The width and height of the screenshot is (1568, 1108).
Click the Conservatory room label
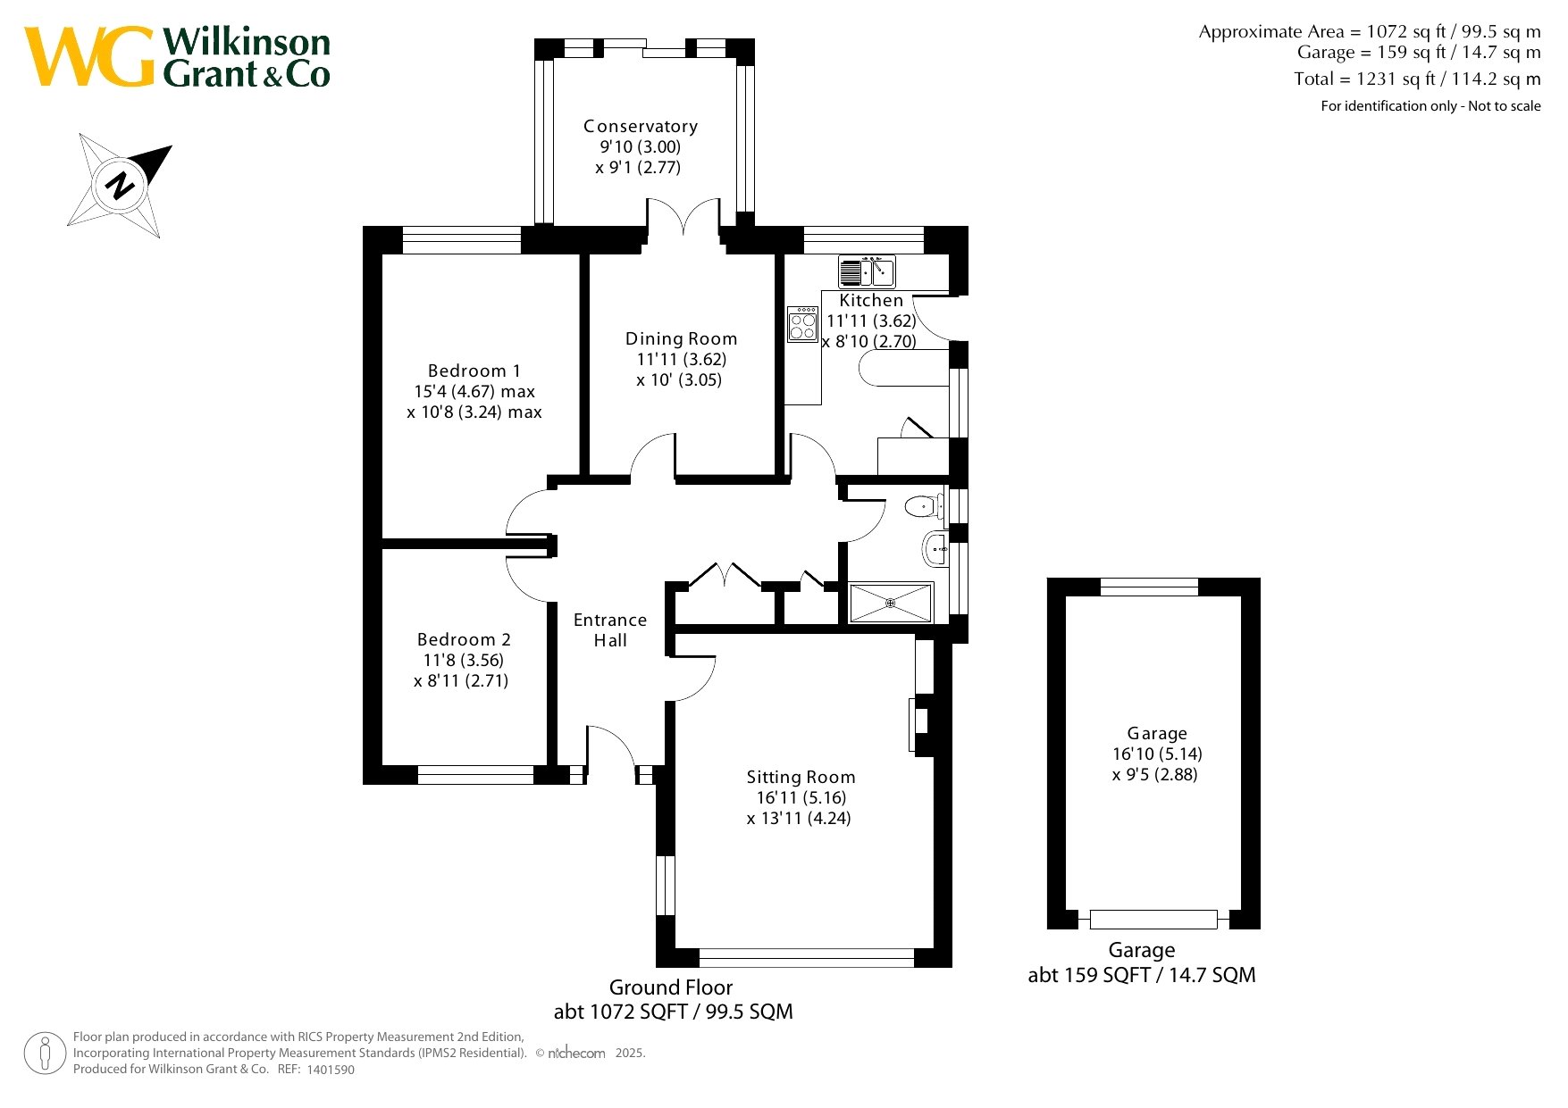pyautogui.click(x=641, y=127)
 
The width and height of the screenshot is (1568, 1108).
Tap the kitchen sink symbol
pyautogui.click(x=867, y=271)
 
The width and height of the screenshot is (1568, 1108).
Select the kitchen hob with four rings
pyautogui.click(x=803, y=324)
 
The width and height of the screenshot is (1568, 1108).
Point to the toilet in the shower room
pyautogui.click(x=924, y=508)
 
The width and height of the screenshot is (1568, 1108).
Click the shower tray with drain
pyautogui.click(x=891, y=604)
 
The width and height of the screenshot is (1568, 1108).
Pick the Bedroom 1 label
pyautogui.click(x=474, y=371)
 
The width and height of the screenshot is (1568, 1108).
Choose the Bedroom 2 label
pyautogui.click(x=464, y=639)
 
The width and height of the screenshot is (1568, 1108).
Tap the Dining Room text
pyautogui.click(x=681, y=338)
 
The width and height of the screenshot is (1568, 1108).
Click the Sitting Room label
pyautogui.click(x=801, y=777)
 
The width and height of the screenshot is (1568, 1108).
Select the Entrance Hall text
pyautogui.click(x=610, y=629)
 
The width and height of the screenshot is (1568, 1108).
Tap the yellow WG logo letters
pyautogui.click(x=89, y=56)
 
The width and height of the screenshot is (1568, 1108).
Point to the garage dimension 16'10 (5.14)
pyautogui.click(x=1157, y=754)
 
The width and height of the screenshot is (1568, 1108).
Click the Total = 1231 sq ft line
pyautogui.click(x=1417, y=79)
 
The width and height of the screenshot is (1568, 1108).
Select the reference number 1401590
pyautogui.click(x=331, y=1070)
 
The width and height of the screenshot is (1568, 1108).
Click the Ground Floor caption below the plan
pyautogui.click(x=671, y=987)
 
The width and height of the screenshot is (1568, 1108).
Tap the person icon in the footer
pyautogui.click(x=45, y=1053)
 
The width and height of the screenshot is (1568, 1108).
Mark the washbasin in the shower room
pyautogui.click(x=935, y=548)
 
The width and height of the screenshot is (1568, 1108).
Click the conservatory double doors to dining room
pyautogui.click(x=683, y=219)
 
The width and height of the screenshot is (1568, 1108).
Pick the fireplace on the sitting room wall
pyautogui.click(x=919, y=723)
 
